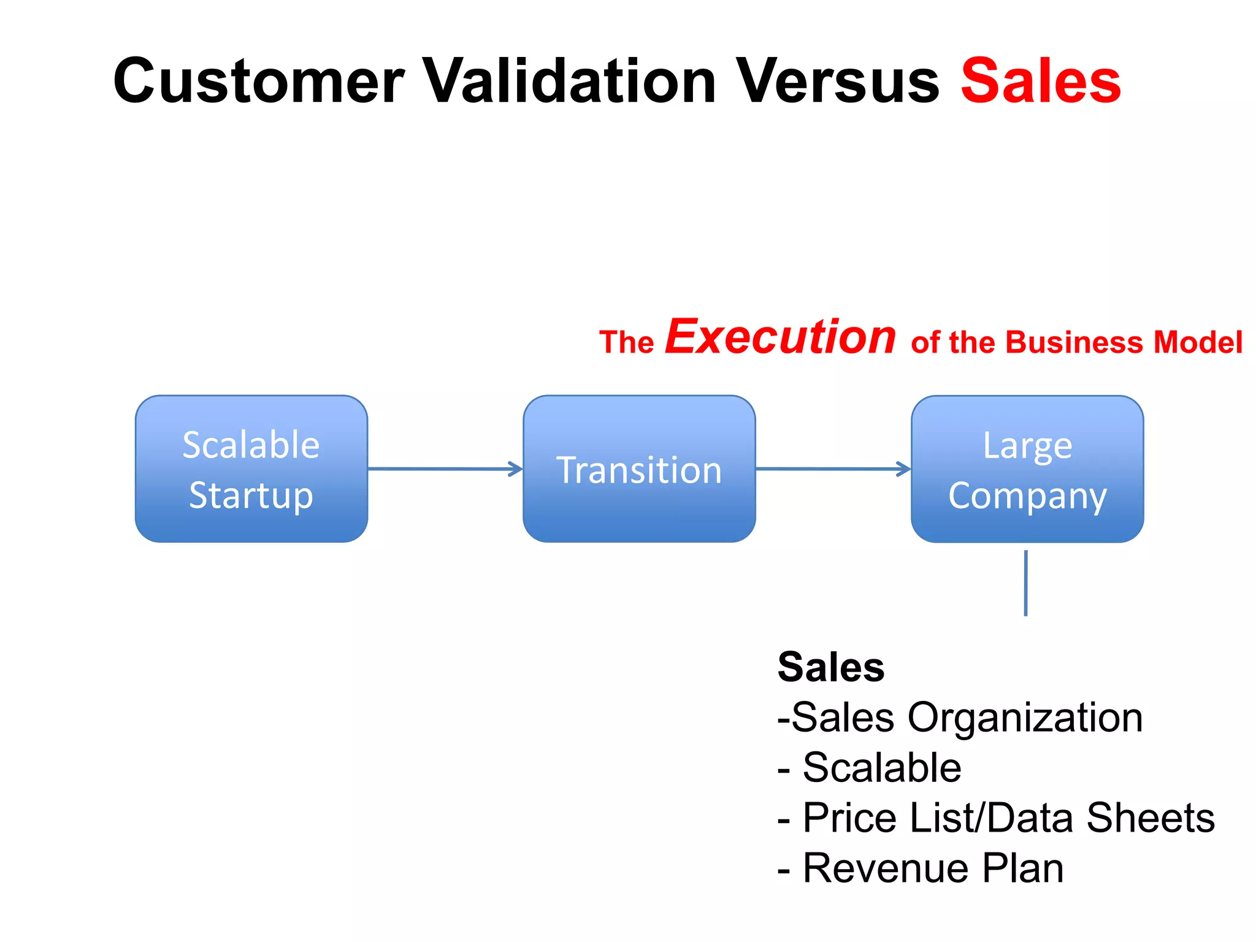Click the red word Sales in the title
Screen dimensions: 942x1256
(x=1041, y=81)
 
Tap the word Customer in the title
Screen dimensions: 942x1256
(x=259, y=81)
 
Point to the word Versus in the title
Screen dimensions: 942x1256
(x=838, y=81)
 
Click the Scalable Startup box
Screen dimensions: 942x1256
(x=251, y=469)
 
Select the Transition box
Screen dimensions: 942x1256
(x=639, y=469)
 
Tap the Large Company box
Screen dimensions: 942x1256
(x=1027, y=469)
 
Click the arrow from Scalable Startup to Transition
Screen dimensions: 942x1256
(x=445, y=469)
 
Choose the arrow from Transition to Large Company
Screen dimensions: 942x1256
(x=832, y=469)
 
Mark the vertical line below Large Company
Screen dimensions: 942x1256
(x=1025, y=583)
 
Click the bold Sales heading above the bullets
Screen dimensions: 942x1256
(x=831, y=667)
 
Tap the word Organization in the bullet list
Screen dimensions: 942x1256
(x=1025, y=718)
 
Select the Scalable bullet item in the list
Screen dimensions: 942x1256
(x=881, y=768)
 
